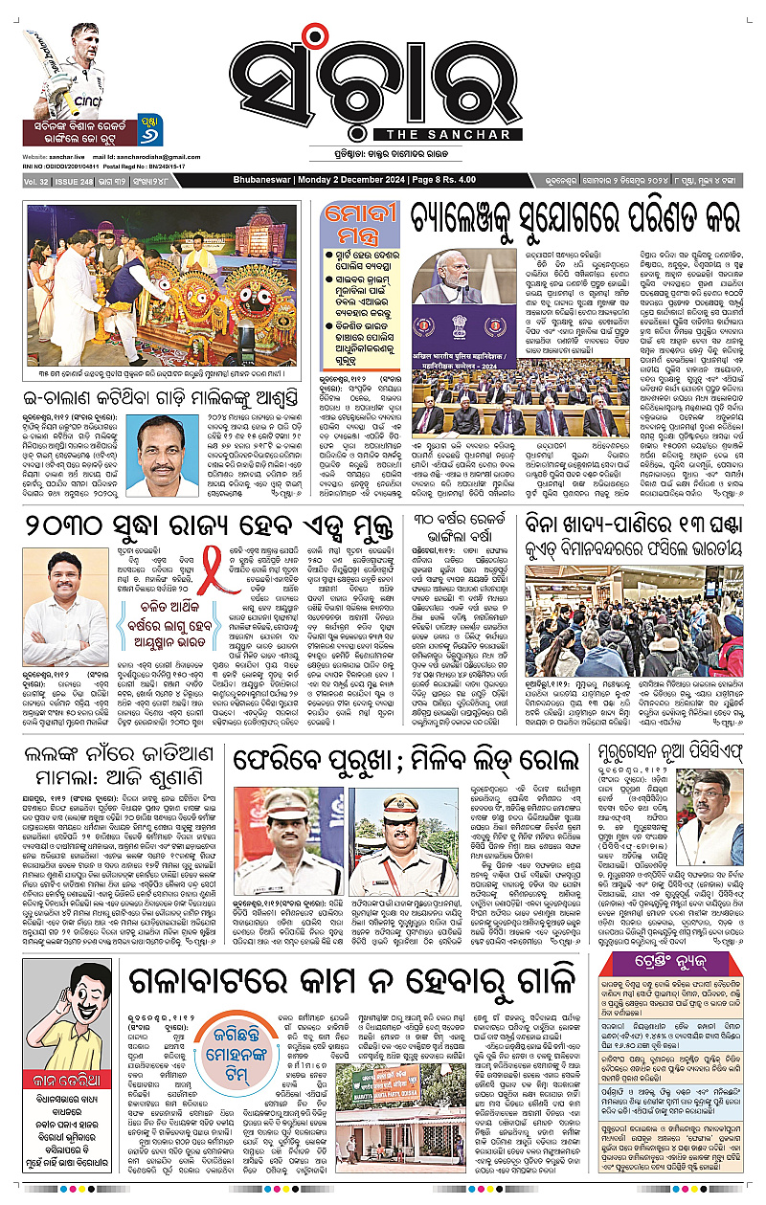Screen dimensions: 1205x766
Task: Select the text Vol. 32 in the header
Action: [x=36, y=179]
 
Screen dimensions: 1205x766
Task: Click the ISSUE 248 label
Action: [x=79, y=179]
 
